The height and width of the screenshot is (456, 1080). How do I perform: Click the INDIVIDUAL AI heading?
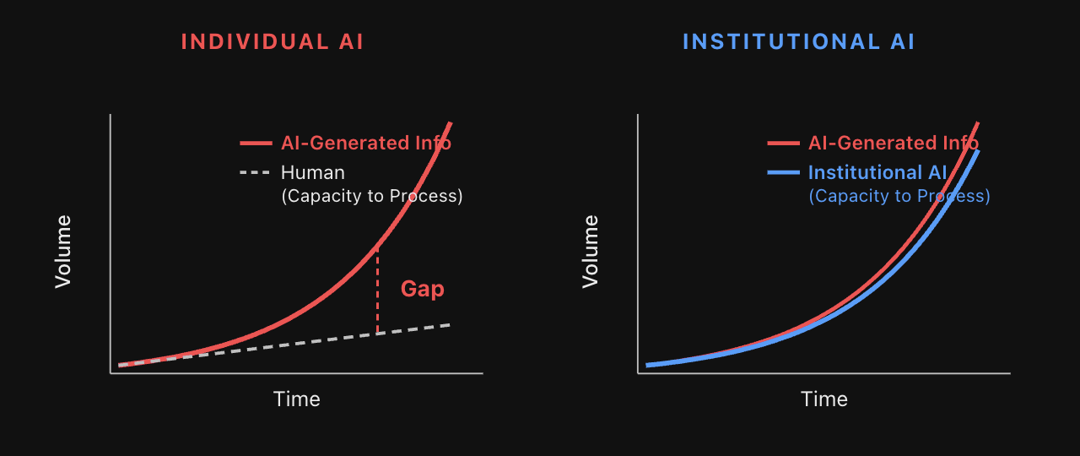tap(273, 42)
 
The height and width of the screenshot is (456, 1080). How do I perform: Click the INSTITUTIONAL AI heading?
tap(798, 42)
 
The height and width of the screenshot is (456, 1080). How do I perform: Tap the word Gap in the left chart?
tap(422, 289)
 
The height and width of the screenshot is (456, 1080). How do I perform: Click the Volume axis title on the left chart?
tap(63, 252)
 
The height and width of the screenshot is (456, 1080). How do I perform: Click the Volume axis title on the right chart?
tap(591, 252)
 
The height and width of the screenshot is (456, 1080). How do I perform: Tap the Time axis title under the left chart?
tap(296, 399)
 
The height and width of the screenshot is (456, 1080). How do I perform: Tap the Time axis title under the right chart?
tap(823, 399)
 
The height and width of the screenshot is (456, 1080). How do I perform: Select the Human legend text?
tap(312, 173)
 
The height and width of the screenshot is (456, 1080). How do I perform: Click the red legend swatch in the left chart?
tap(256, 144)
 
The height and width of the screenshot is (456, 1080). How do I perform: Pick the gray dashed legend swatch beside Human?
tap(256, 173)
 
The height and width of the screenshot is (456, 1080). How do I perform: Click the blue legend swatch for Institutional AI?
tap(783, 173)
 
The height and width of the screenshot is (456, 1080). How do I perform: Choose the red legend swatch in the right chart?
tap(783, 144)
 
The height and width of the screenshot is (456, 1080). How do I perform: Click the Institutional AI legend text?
tap(877, 173)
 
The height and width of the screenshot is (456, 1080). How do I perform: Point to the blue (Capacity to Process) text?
tap(899, 196)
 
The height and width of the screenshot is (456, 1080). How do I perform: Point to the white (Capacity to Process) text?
tap(371, 196)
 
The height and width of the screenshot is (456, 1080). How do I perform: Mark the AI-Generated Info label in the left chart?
tap(365, 144)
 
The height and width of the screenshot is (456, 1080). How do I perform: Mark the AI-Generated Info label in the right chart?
tap(893, 144)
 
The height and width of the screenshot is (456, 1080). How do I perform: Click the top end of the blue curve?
tap(978, 152)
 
